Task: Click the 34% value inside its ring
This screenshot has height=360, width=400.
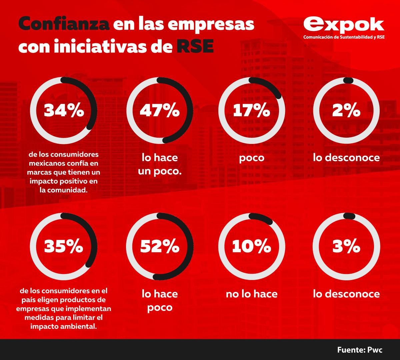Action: click(x=64, y=110)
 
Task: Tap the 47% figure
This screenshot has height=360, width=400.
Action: click(x=160, y=110)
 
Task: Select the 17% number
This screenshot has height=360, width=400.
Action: click(x=251, y=110)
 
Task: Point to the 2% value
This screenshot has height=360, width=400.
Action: click(x=346, y=110)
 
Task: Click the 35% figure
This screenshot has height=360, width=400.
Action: click(x=64, y=246)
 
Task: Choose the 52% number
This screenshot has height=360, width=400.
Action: click(x=160, y=246)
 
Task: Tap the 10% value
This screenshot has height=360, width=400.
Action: click(x=251, y=246)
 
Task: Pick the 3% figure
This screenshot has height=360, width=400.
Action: click(x=346, y=246)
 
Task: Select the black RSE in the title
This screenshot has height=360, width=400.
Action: click(x=195, y=47)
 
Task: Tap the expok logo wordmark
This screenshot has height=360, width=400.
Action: click(x=344, y=25)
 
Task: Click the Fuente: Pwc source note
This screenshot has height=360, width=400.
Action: click(x=360, y=350)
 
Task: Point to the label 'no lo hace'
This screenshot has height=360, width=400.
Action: click(x=252, y=294)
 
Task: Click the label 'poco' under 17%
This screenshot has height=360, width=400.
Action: click(x=252, y=158)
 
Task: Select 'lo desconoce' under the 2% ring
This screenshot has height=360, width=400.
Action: click(x=346, y=158)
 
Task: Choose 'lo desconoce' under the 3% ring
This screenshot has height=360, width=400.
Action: click(x=346, y=294)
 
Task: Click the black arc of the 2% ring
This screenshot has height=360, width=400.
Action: click(x=348, y=80)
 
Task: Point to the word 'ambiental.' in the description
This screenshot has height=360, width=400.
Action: click(x=80, y=326)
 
